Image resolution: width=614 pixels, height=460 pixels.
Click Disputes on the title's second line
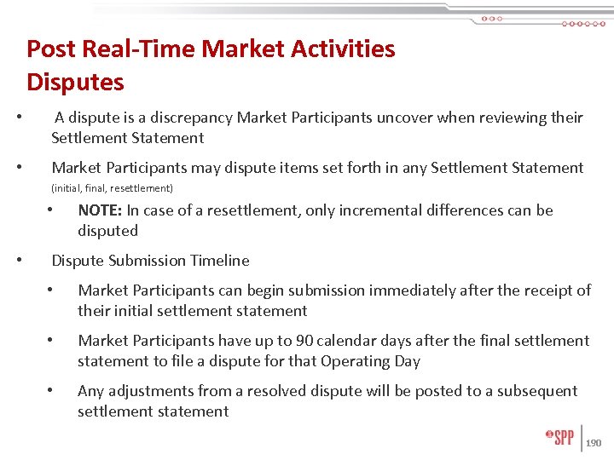(x=75, y=83)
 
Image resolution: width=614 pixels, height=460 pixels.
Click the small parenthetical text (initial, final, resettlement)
(x=112, y=187)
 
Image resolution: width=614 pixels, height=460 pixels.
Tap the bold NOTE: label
(x=99, y=210)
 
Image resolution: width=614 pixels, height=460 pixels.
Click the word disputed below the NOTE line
(x=107, y=231)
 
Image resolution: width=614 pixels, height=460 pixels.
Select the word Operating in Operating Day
(x=356, y=361)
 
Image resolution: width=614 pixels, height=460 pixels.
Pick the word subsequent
(x=535, y=391)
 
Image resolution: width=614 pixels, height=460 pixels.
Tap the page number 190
(x=594, y=443)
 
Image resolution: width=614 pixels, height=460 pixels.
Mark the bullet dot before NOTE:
(x=52, y=210)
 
